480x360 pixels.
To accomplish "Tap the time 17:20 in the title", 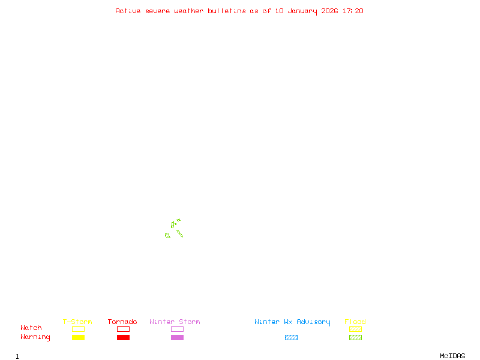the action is tap(353, 11).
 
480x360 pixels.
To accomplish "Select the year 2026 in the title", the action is tap(330, 11).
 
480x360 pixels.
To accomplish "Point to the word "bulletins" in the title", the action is tap(227, 11).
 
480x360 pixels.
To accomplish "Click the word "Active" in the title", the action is tap(128, 11).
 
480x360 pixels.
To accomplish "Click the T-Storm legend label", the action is tap(77, 322).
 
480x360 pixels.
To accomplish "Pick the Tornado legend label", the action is tap(122, 322).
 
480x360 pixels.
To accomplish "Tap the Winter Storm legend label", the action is tap(175, 322).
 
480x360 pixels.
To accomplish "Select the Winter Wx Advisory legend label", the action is tap(292, 322).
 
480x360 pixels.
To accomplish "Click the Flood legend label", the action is tap(355, 322).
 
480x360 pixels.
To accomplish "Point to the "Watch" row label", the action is tap(31, 328).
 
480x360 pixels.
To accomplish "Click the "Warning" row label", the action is tap(35, 337).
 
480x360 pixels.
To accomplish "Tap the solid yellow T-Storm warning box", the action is tap(78, 337).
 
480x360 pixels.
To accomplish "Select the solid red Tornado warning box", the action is tap(123, 337).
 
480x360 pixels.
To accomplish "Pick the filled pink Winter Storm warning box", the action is tap(177, 337).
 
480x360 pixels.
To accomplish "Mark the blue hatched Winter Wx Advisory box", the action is tap(291, 337).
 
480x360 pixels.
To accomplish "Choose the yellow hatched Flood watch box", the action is tap(355, 329).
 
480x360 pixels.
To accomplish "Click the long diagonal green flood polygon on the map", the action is tap(179, 233).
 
